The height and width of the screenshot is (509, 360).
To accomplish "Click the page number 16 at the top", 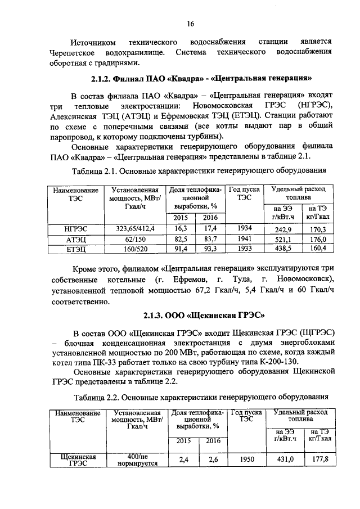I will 191,24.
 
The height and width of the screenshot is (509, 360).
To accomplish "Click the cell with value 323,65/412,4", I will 135,228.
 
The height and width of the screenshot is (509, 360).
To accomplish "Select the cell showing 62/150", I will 135,239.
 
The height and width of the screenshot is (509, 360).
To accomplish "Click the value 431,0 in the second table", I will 287,460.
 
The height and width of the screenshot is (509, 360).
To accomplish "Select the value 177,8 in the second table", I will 321,460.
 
